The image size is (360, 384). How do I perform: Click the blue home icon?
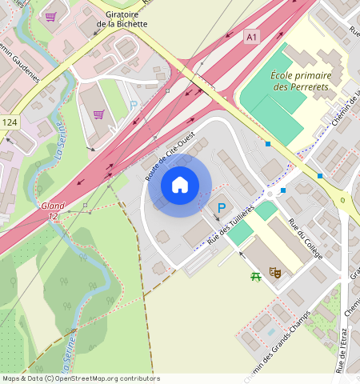tap(180, 185)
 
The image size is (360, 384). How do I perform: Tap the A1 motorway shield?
tap(252, 37)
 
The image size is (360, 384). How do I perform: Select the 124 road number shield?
tap(9, 122)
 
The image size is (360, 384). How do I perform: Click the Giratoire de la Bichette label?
tap(122, 19)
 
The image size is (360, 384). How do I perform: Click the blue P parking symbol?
tap(221, 208)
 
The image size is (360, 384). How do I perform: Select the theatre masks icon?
tap(275, 272)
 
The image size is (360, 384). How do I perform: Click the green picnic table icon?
tap(256, 276)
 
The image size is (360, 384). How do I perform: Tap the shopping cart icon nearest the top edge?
tap(50, 16)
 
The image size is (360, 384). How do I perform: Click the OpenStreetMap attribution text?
tap(80, 378)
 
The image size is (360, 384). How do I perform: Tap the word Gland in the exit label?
tap(53, 206)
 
